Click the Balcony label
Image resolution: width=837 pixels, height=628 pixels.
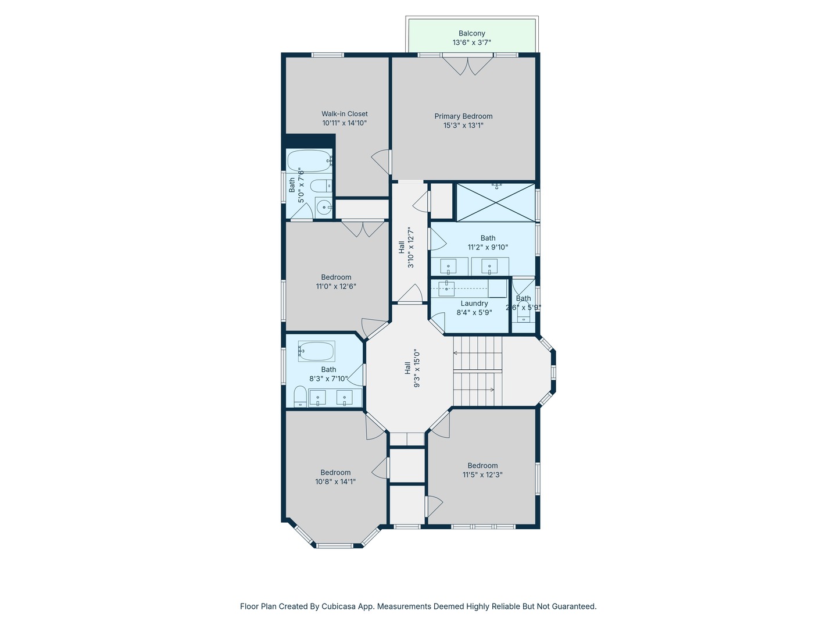(472, 34)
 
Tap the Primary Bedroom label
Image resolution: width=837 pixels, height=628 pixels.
(463, 116)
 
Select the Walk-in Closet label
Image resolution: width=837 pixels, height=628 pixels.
(344, 113)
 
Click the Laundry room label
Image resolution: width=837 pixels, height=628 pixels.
(474, 304)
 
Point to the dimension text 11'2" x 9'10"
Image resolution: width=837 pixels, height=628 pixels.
(488, 247)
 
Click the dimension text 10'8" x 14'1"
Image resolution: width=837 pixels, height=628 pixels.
(335, 481)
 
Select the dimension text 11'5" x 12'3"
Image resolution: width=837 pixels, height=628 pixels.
(482, 474)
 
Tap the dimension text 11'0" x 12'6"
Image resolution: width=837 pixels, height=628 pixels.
(336, 286)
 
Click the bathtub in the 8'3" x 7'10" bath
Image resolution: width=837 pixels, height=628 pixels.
(317, 351)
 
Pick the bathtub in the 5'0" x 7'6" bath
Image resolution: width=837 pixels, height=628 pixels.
(309, 161)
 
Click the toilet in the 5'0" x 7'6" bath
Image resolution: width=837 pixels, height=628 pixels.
(321, 187)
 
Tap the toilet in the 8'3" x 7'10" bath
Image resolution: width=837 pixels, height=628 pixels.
(301, 396)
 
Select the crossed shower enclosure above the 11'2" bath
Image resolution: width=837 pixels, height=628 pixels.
(496, 202)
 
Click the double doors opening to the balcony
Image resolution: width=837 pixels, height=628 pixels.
(468, 66)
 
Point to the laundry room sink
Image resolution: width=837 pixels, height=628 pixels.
(446, 288)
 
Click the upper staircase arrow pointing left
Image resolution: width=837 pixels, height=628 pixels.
(477, 353)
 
